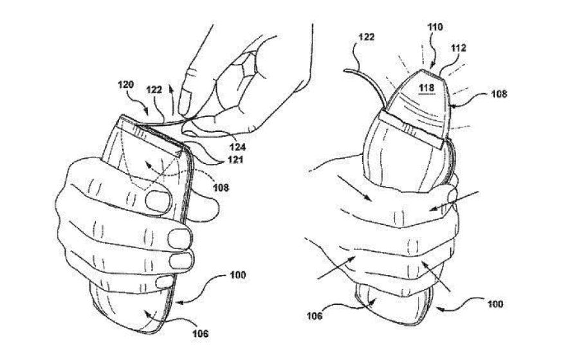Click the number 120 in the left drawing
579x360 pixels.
coord(125,85)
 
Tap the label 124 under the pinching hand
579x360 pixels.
coord(237,147)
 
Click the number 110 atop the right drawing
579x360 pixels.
coord(435,27)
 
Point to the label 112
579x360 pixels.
coord(458,48)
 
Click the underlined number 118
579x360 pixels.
coord(426,88)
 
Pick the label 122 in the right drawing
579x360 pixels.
coord(366,37)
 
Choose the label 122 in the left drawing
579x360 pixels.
coord(154,89)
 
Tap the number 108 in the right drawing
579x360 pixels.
coord(499,93)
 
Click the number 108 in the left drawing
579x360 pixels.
coord(221,188)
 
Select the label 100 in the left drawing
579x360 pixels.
coord(238,275)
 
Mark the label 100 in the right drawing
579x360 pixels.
coord(495,304)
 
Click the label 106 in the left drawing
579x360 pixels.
coord(200,334)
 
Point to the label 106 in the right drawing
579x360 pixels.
coord(314,316)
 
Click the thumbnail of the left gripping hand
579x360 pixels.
coord(159,201)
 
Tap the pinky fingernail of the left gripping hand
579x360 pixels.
coord(164,283)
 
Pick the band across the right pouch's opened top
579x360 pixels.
coord(411,130)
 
